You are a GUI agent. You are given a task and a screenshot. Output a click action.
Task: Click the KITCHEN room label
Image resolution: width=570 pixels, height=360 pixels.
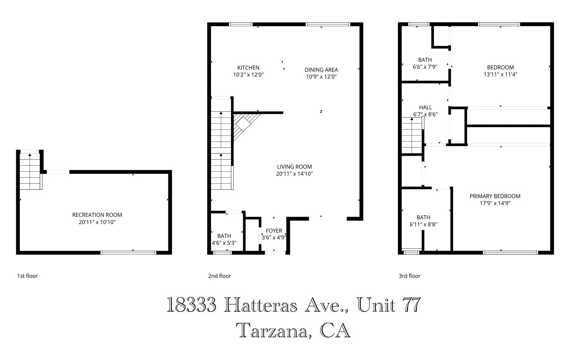(248, 68)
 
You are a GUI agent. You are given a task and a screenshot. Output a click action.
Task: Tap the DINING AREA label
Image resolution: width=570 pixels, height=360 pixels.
(321, 69)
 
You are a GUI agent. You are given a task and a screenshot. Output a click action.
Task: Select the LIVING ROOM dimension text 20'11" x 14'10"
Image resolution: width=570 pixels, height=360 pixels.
(294, 174)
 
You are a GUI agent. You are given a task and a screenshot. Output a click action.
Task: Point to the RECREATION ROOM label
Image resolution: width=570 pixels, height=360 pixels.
(97, 215)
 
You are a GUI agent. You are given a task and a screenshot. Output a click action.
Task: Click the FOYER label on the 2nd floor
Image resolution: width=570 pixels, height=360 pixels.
(274, 231)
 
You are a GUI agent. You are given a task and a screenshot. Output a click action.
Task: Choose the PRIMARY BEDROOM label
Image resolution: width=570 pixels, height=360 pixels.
(495, 196)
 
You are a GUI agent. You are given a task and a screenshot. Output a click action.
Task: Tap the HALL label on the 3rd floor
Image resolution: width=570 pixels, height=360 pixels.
(425, 107)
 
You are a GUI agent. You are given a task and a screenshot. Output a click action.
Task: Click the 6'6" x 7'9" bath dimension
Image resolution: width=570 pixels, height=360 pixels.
(425, 66)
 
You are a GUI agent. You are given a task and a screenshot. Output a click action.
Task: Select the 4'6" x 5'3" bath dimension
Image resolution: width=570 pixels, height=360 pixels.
(224, 243)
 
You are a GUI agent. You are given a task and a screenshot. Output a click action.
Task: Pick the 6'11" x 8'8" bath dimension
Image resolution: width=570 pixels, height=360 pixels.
(423, 224)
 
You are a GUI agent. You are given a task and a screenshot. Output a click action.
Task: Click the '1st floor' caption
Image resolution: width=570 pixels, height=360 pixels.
(27, 276)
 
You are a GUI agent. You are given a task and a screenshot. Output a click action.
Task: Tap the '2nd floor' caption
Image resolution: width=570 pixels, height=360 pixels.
(219, 276)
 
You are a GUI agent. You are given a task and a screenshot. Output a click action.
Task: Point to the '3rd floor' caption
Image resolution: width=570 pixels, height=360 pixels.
(409, 276)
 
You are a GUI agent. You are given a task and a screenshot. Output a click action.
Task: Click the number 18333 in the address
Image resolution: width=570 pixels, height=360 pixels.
(191, 305)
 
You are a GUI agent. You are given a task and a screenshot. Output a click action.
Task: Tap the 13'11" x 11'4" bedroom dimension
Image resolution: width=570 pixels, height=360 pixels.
(500, 74)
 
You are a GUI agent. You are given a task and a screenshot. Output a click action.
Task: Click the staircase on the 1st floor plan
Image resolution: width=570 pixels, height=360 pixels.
(30, 172)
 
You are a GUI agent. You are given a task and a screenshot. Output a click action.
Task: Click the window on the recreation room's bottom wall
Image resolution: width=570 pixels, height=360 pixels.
(128, 253)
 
